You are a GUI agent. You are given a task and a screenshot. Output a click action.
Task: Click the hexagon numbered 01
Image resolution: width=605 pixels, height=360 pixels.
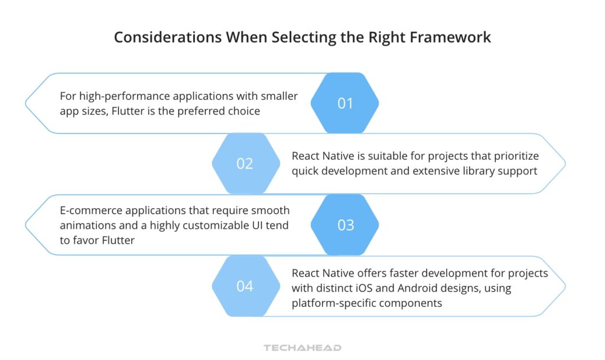coord(345,103)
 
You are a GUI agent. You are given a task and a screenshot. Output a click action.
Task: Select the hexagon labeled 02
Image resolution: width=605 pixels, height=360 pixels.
coord(245,164)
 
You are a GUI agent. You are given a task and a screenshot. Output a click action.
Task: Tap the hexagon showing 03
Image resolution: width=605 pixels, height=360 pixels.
coord(345,225)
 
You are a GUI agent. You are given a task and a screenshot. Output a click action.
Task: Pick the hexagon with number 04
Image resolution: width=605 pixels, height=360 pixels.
coord(245,286)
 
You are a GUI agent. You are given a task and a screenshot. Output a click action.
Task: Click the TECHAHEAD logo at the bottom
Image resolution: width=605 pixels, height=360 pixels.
coord(302,348)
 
